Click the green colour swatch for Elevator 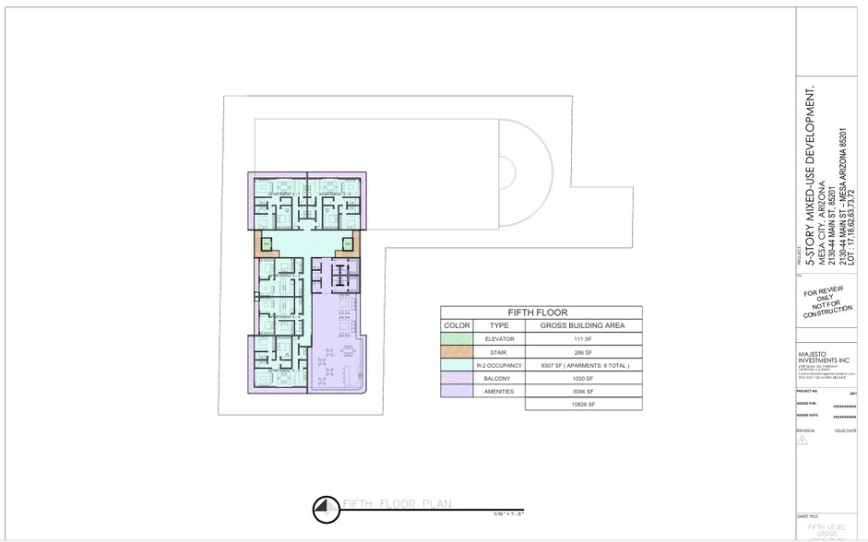[x=458, y=339]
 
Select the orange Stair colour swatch [x=458, y=352]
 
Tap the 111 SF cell [x=583, y=339]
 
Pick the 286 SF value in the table [x=583, y=352]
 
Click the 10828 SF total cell [x=583, y=404]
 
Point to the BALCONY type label [x=499, y=378]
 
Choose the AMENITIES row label [x=499, y=391]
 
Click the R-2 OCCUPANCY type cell [x=499, y=365]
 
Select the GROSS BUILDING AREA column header [x=583, y=325]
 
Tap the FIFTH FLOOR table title [x=540, y=312]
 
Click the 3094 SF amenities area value [x=583, y=391]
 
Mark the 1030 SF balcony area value [x=583, y=378]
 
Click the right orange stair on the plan [x=348, y=244]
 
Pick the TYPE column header [x=499, y=325]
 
